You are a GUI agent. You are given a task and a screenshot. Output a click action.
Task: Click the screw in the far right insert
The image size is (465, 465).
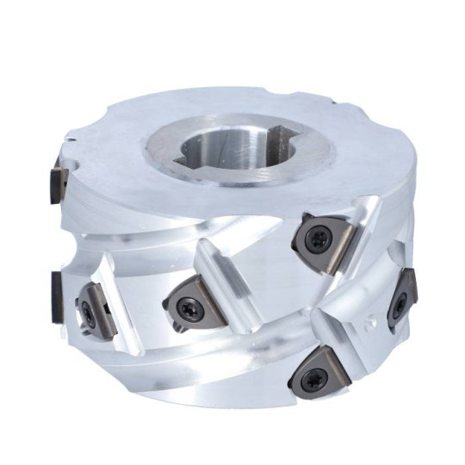[400, 304]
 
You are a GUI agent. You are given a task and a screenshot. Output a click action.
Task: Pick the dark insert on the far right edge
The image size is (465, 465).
[401, 297]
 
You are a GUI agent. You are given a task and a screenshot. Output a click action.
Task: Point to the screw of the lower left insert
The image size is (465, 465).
[90, 315]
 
